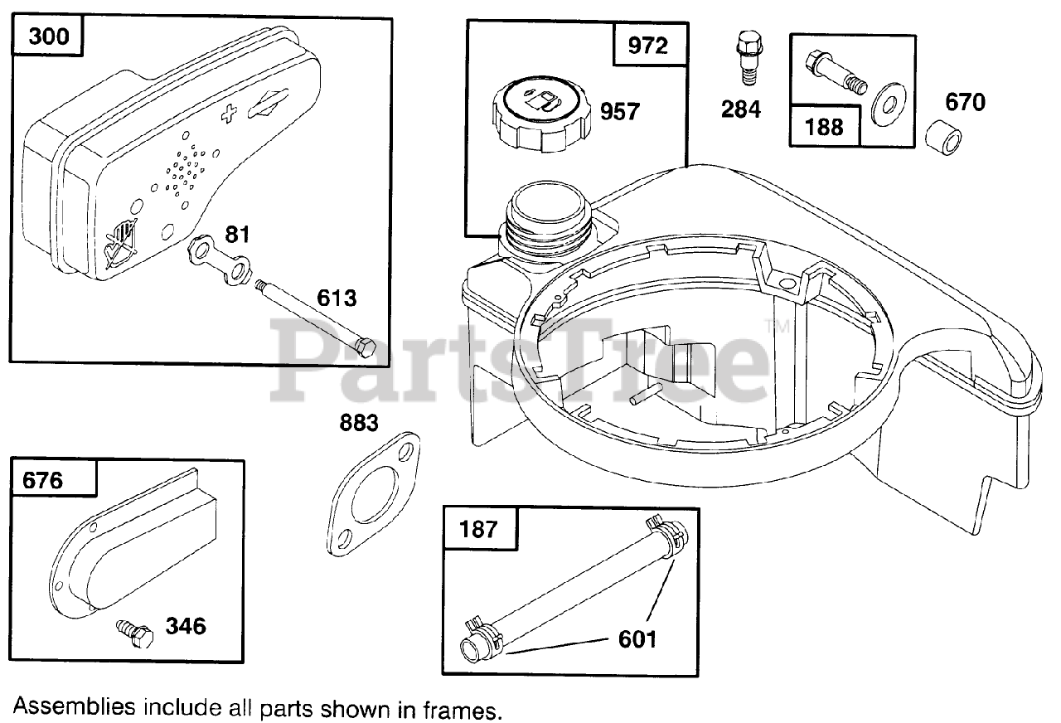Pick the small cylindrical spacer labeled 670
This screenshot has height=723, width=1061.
[x=947, y=136]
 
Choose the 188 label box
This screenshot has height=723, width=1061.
[x=824, y=126]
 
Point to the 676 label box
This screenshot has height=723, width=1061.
[x=45, y=480]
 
